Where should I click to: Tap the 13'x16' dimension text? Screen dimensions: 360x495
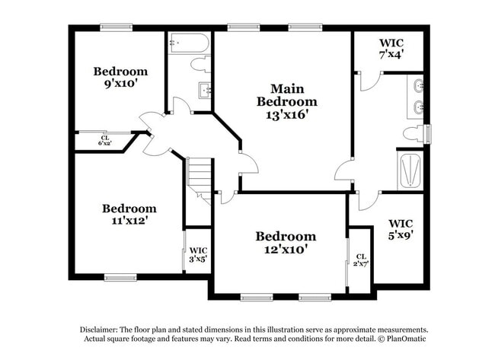pyautogui.click(x=286, y=115)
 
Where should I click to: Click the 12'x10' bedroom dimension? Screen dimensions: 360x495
pyautogui.click(x=286, y=249)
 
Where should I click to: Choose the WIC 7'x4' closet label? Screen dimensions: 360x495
pyautogui.click(x=391, y=47)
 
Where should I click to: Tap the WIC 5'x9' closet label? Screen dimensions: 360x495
pyautogui.click(x=401, y=229)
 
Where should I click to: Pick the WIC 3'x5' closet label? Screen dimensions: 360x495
pyautogui.click(x=198, y=254)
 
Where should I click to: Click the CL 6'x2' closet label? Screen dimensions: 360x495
pyautogui.click(x=105, y=140)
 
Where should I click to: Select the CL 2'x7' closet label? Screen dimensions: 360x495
pyautogui.click(x=360, y=260)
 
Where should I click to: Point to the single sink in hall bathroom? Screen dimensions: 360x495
pyautogui.click(x=206, y=91)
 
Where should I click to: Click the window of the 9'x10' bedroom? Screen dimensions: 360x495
pyautogui.click(x=117, y=28)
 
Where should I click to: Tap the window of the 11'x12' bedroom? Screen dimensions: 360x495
pyautogui.click(x=120, y=276)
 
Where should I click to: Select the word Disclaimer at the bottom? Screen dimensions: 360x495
pyautogui.click(x=104, y=328)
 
